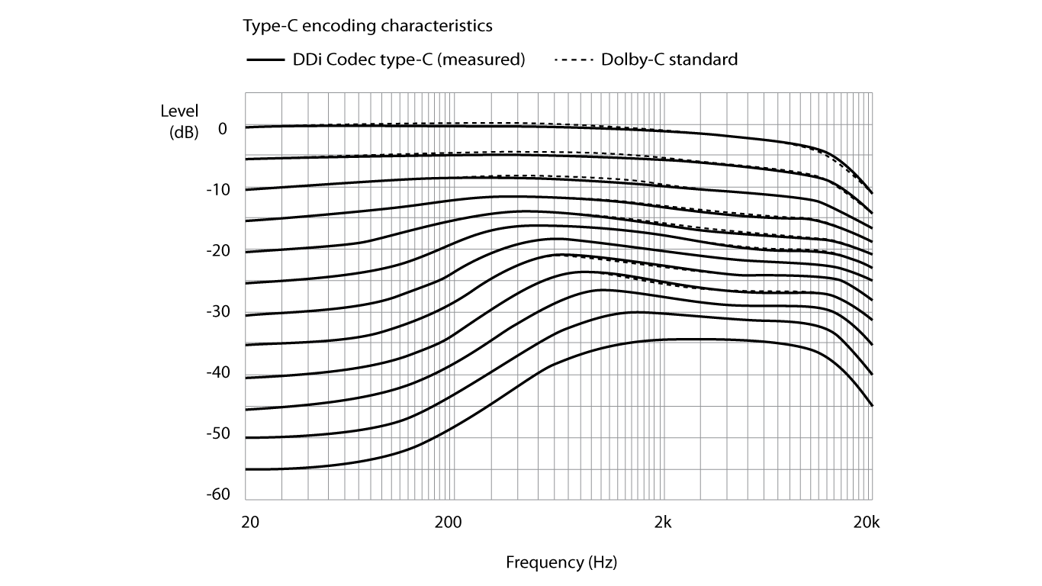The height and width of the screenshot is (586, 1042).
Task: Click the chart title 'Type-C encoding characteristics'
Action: pyautogui.click(x=368, y=26)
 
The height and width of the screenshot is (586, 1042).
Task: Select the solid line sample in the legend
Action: pyautogui.click(x=265, y=60)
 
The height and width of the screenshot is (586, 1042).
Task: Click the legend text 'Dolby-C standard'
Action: pyautogui.click(x=669, y=60)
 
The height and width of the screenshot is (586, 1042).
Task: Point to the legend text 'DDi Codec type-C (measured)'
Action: pyautogui.click(x=409, y=60)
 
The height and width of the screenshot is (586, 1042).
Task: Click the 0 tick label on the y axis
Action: pyautogui.click(x=223, y=128)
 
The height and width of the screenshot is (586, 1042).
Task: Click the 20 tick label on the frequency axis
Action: pyautogui.click(x=250, y=523)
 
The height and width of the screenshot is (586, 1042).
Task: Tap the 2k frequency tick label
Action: pyautogui.click(x=664, y=523)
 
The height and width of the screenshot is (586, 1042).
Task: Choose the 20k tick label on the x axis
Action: pyautogui.click(x=867, y=523)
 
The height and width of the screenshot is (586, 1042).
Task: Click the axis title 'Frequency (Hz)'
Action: pyautogui.click(x=561, y=563)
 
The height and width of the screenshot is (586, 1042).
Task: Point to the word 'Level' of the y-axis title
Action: pyautogui.click(x=179, y=111)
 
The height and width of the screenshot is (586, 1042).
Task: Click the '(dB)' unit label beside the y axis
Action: pyautogui.click(x=183, y=131)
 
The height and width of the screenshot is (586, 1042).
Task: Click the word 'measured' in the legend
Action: pyautogui.click(x=489, y=60)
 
